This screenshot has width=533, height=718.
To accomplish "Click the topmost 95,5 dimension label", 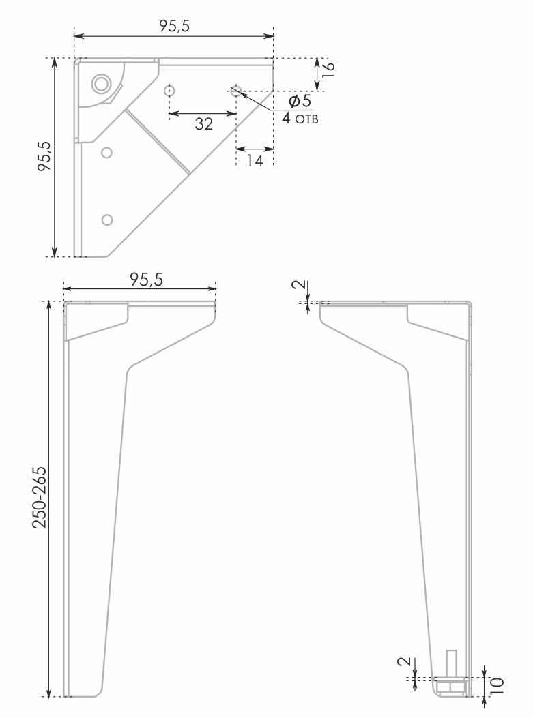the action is click(174, 26).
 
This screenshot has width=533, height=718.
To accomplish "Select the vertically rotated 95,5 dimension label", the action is click(45, 155).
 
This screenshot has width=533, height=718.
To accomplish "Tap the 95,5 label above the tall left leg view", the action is click(146, 279).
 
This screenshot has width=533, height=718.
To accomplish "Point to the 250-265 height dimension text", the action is click(40, 497).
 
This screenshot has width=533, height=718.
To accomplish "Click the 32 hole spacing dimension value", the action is click(203, 123).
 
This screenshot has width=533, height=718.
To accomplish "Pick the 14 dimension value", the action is click(255, 160).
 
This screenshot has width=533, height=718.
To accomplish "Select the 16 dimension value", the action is click(328, 69).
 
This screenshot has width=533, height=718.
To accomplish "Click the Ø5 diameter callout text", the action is click(300, 101).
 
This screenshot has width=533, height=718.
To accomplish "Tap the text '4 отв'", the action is click(300, 119).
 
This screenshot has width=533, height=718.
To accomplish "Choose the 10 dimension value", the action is click(498, 686).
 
